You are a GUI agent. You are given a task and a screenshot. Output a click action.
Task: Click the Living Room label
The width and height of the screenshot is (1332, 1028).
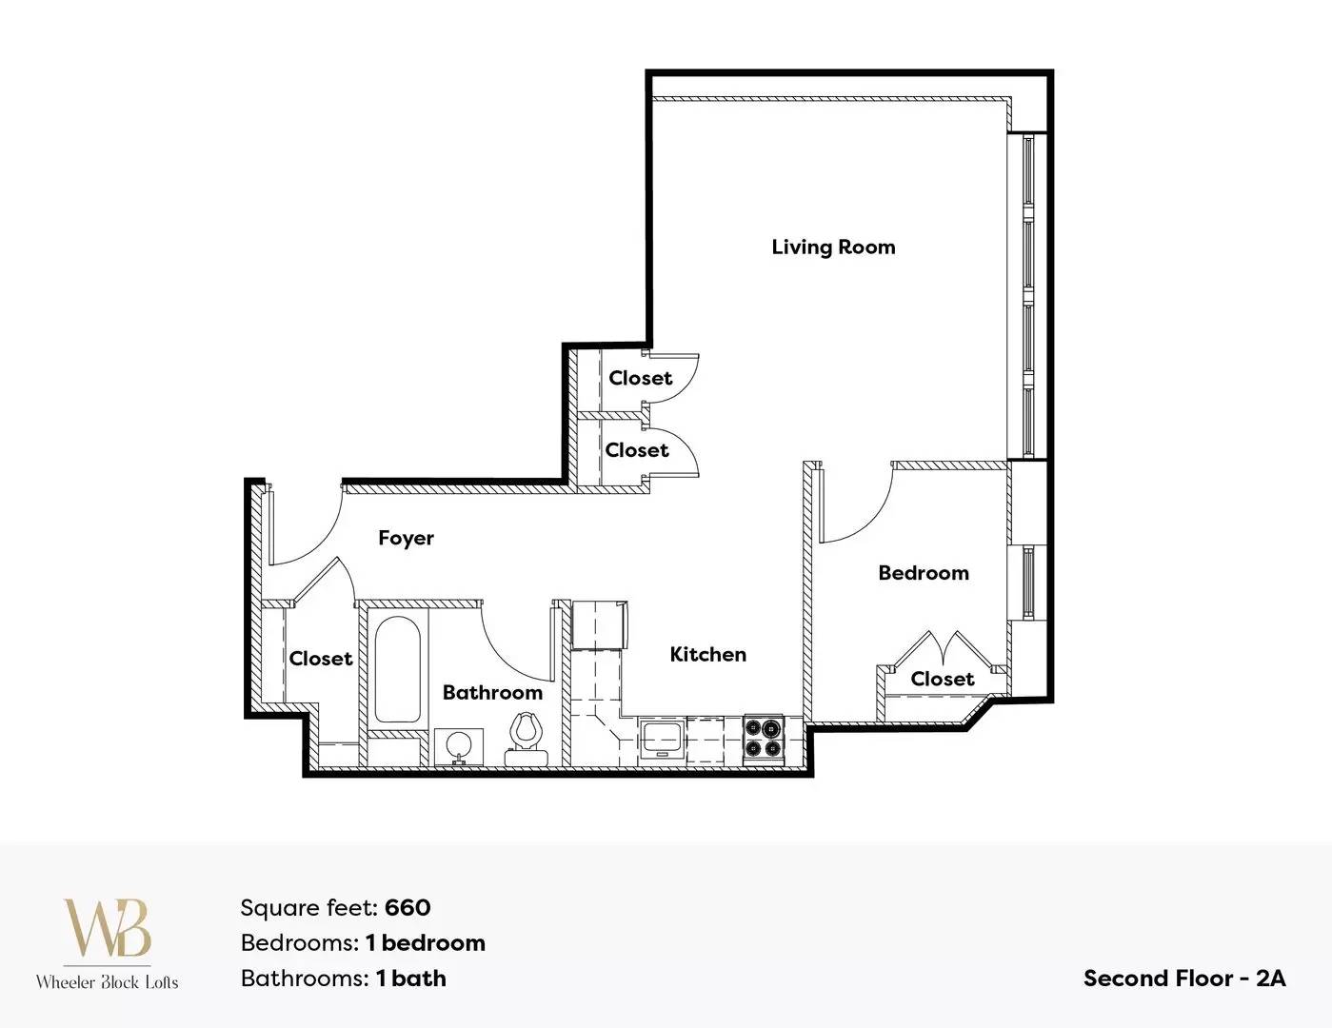(x=833, y=247)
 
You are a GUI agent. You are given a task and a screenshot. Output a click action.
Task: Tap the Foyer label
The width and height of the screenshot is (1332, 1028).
(x=406, y=538)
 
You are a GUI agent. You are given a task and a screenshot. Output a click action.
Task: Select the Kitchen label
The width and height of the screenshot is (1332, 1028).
(x=708, y=654)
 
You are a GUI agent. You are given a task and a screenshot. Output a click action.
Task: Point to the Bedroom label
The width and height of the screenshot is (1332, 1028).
(x=924, y=573)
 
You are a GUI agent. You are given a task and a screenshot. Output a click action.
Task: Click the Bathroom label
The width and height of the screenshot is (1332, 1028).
(x=493, y=692)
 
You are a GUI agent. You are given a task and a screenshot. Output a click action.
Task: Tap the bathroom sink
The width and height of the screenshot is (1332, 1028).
(x=459, y=747)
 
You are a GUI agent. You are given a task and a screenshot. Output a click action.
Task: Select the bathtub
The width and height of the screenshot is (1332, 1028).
(x=398, y=669)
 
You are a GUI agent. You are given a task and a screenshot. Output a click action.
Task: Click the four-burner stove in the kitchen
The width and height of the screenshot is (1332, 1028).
(x=765, y=740)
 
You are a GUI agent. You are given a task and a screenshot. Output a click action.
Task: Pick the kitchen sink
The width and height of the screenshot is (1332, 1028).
(x=662, y=740)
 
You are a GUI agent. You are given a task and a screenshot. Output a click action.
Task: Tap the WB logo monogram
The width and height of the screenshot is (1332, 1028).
(x=108, y=927)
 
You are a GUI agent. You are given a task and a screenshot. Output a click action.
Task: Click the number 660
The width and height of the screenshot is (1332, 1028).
(x=408, y=907)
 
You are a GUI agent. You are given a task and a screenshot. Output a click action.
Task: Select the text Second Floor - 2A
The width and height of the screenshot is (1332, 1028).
(x=1184, y=979)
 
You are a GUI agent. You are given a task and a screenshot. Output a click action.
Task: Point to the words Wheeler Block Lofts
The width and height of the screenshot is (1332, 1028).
(x=108, y=982)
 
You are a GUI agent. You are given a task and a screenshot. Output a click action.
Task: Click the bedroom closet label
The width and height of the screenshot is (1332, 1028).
(x=943, y=679)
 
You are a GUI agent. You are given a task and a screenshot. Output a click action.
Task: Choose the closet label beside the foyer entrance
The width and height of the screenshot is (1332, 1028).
(x=321, y=659)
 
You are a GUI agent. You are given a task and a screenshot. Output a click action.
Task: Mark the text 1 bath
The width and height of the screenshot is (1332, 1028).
(x=411, y=979)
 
